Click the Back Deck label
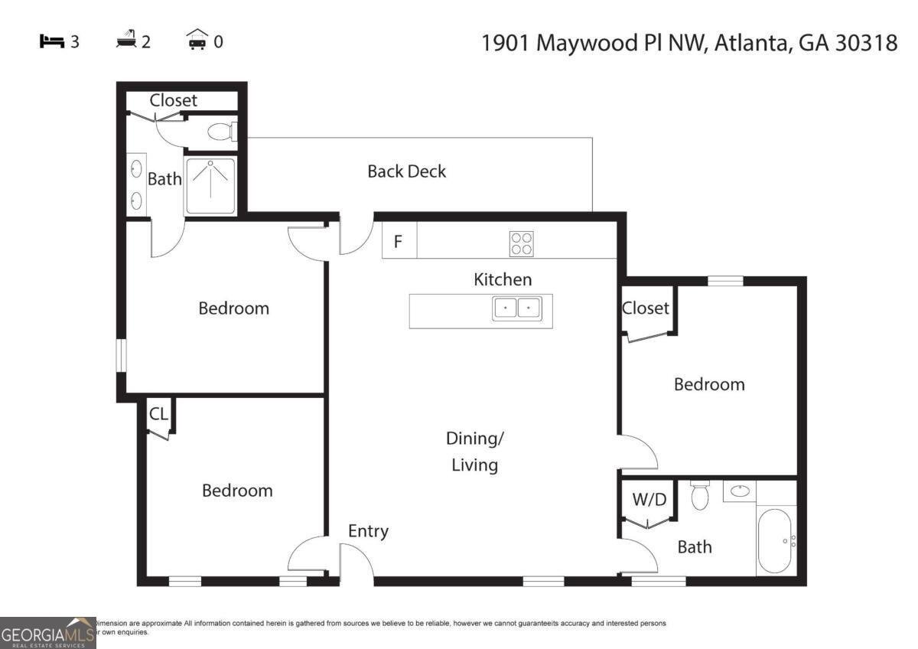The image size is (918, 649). [406, 171]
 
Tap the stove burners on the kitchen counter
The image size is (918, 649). [522, 243]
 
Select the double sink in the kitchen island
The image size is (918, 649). [516, 308]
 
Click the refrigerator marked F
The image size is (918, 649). [399, 243]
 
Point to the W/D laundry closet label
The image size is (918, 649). [649, 500]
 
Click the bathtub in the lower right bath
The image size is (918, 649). [775, 541]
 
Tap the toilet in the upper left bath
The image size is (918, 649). [221, 132]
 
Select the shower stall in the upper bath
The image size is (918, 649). [210, 186]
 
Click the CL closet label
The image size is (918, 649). [158, 415]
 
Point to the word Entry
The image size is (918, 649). [368, 531]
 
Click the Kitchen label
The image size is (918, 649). [503, 279]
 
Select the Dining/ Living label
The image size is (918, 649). [474, 452]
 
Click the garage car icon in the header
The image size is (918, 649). [197, 41]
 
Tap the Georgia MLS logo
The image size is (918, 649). [47, 633]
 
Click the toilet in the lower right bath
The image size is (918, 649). [699, 496]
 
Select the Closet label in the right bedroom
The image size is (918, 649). [646, 308]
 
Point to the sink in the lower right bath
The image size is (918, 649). [739, 491]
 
